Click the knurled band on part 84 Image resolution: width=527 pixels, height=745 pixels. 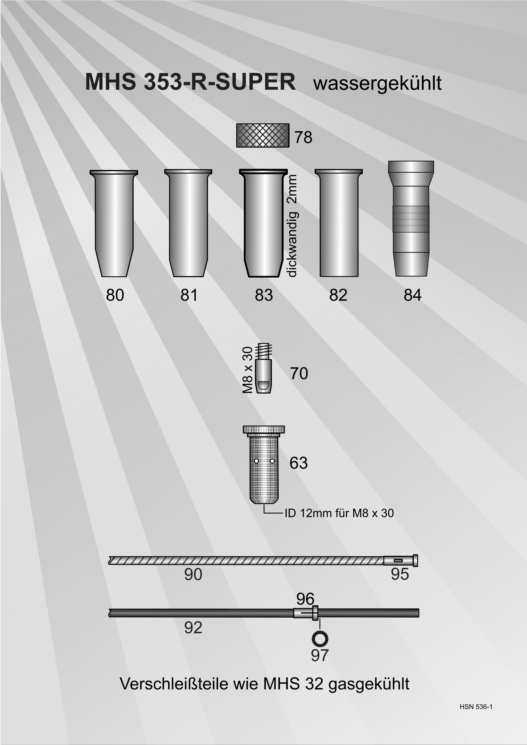pos(411,219)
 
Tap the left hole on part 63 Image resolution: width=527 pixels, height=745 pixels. pos(256,461)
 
